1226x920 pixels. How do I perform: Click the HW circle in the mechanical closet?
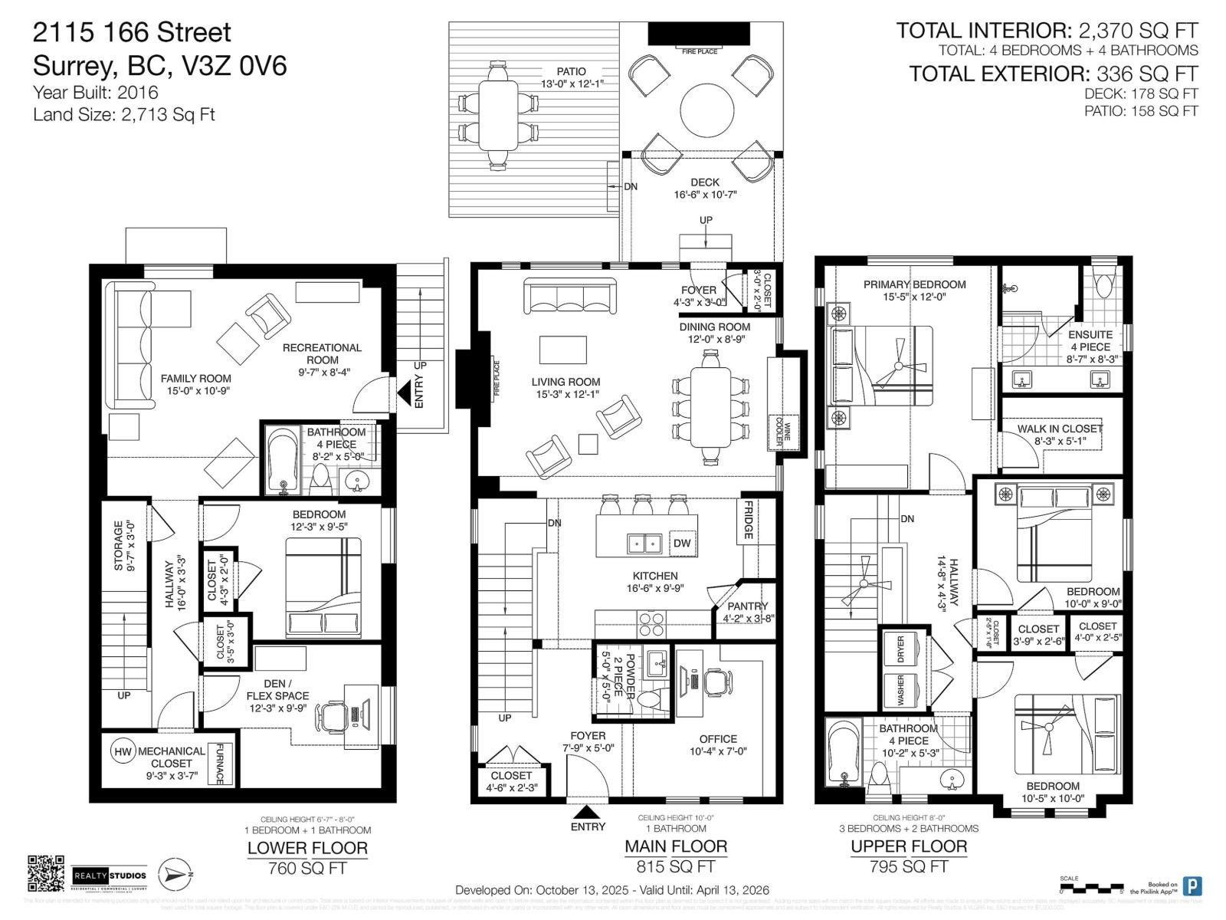coord(123,751)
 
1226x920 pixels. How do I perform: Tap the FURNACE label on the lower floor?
coord(220,764)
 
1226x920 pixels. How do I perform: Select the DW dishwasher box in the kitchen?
coord(682,543)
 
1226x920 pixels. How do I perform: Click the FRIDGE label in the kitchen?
coord(749,520)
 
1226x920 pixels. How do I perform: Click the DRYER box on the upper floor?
coord(901,649)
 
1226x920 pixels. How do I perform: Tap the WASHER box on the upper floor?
coord(901,690)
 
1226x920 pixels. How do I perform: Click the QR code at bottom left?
coord(46,874)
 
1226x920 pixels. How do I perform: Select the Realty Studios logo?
coord(110,875)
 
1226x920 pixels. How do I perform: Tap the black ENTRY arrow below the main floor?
coord(588,812)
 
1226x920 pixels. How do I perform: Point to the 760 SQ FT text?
coord(307,869)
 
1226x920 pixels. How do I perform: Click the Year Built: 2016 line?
coord(96,93)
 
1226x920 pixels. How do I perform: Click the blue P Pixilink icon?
coord(1192,886)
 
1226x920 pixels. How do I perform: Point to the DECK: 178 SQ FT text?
coord(1141,94)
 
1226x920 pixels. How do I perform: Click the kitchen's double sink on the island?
coord(644,544)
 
